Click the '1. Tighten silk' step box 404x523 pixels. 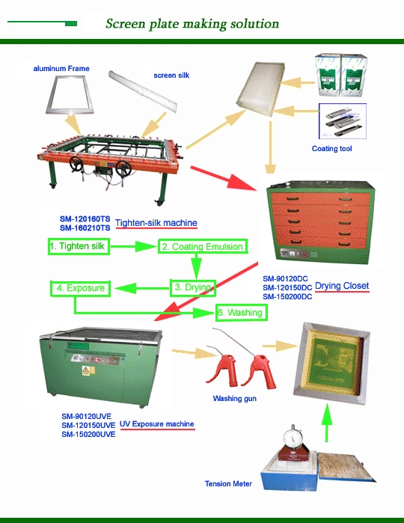point(79,246)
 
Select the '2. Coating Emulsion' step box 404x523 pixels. point(203,246)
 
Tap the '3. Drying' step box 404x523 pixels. point(193,288)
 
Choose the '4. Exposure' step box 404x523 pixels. point(80,288)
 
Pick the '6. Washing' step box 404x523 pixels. point(241,313)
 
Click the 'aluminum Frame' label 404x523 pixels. point(61,69)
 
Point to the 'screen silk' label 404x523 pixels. point(171,76)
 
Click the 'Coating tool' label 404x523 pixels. point(331,149)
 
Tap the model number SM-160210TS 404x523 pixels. point(85,228)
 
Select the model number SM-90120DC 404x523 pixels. point(285,279)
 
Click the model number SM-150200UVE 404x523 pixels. point(88,434)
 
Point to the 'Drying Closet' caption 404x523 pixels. point(342,286)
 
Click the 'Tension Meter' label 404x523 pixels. point(228,483)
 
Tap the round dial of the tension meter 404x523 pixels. point(293,438)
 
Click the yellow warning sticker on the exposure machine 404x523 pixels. point(86,370)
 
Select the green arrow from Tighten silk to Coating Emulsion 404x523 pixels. point(134,246)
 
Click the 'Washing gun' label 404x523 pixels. point(234,398)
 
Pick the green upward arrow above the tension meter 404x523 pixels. point(327,423)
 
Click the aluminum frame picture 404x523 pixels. point(70,95)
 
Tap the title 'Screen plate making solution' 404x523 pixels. point(192,24)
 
